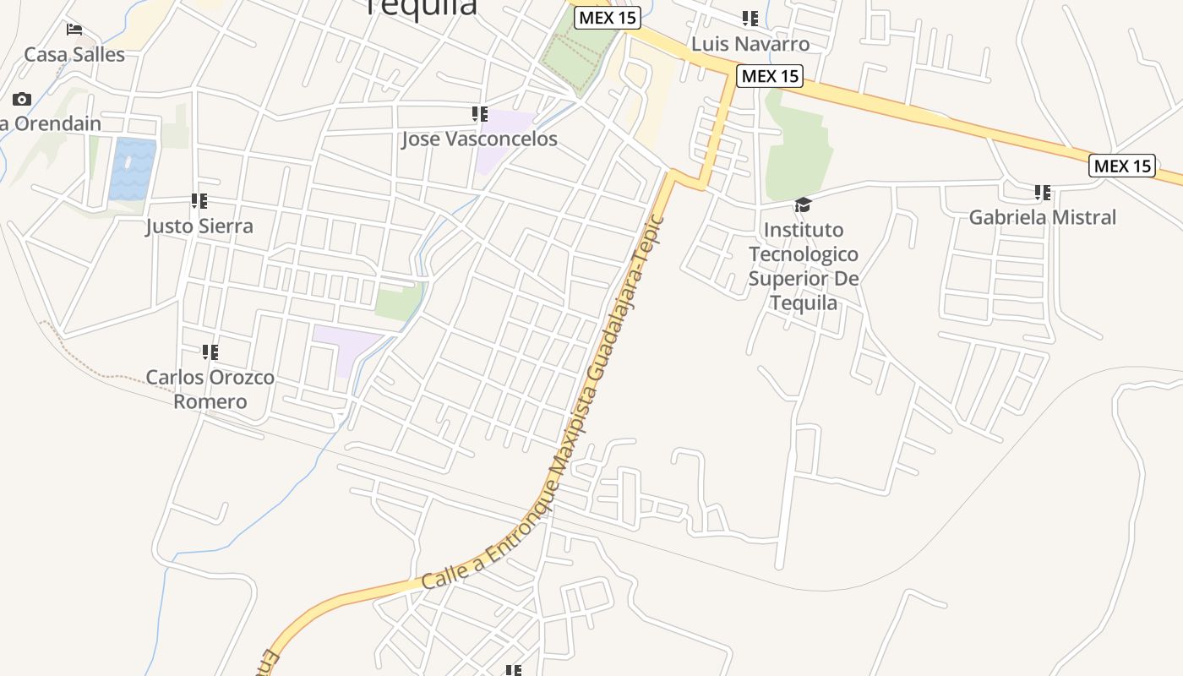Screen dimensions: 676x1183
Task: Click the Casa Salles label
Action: click(74, 55)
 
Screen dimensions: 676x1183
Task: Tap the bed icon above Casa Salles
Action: click(74, 30)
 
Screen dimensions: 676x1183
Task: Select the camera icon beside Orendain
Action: click(22, 100)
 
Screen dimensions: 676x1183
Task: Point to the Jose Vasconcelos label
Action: click(479, 139)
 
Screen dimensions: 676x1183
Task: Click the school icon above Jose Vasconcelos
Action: click(479, 113)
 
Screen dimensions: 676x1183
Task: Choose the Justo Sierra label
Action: click(199, 226)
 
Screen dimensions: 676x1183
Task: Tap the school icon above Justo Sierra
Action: click(199, 201)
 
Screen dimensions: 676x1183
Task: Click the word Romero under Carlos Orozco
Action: click(210, 401)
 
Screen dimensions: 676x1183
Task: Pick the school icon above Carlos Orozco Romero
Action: click(210, 352)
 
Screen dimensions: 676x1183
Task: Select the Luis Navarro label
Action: click(750, 44)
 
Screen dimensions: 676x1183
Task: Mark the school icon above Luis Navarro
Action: click(750, 18)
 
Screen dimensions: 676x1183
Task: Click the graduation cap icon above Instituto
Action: click(803, 205)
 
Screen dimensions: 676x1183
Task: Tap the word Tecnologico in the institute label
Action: click(803, 254)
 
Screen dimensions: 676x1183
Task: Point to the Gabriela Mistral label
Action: click(1042, 217)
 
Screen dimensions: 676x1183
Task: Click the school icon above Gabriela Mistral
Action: click(1043, 193)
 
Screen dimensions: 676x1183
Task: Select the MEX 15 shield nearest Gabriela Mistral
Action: click(1122, 166)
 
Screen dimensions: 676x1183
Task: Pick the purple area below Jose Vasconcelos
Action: click(499, 144)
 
